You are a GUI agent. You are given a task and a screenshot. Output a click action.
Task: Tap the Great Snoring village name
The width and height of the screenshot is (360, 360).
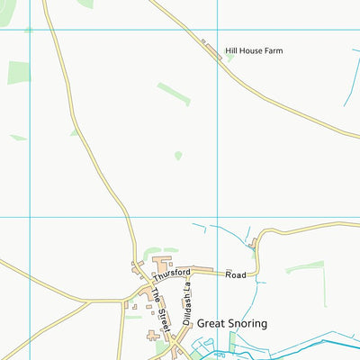point(232,322)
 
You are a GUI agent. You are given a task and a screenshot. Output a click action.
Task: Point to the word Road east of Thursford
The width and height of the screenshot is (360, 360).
point(235,274)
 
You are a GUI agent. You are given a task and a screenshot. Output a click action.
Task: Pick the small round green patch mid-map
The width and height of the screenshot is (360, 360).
point(178,155)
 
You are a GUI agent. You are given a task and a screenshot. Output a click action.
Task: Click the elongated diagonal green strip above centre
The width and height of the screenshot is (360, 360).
point(174,94)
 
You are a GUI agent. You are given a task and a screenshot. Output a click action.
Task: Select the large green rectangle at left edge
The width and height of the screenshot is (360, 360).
point(18,72)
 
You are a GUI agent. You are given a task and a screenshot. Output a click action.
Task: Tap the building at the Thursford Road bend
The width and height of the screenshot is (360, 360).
point(256,244)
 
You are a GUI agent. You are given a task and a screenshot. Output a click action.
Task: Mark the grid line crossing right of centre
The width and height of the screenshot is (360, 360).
point(217,217)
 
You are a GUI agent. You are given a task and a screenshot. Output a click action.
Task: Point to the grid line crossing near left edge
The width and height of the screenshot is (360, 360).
point(30,217)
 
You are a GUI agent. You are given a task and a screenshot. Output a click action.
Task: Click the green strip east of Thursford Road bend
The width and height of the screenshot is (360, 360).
point(304,266)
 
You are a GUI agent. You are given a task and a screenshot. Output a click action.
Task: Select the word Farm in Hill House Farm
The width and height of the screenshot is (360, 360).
point(272,51)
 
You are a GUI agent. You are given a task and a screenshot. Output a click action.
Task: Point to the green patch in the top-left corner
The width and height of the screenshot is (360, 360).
point(86,4)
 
